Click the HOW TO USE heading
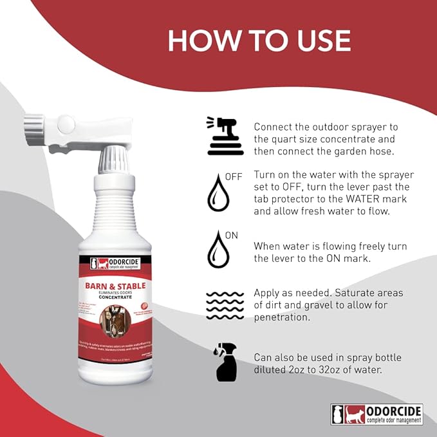259,41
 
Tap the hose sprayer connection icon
225,136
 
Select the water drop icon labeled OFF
218,192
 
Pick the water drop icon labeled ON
218,250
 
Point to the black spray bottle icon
225,362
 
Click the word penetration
284,318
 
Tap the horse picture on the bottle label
116,321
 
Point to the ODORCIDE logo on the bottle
116,263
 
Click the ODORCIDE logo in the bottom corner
377,414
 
